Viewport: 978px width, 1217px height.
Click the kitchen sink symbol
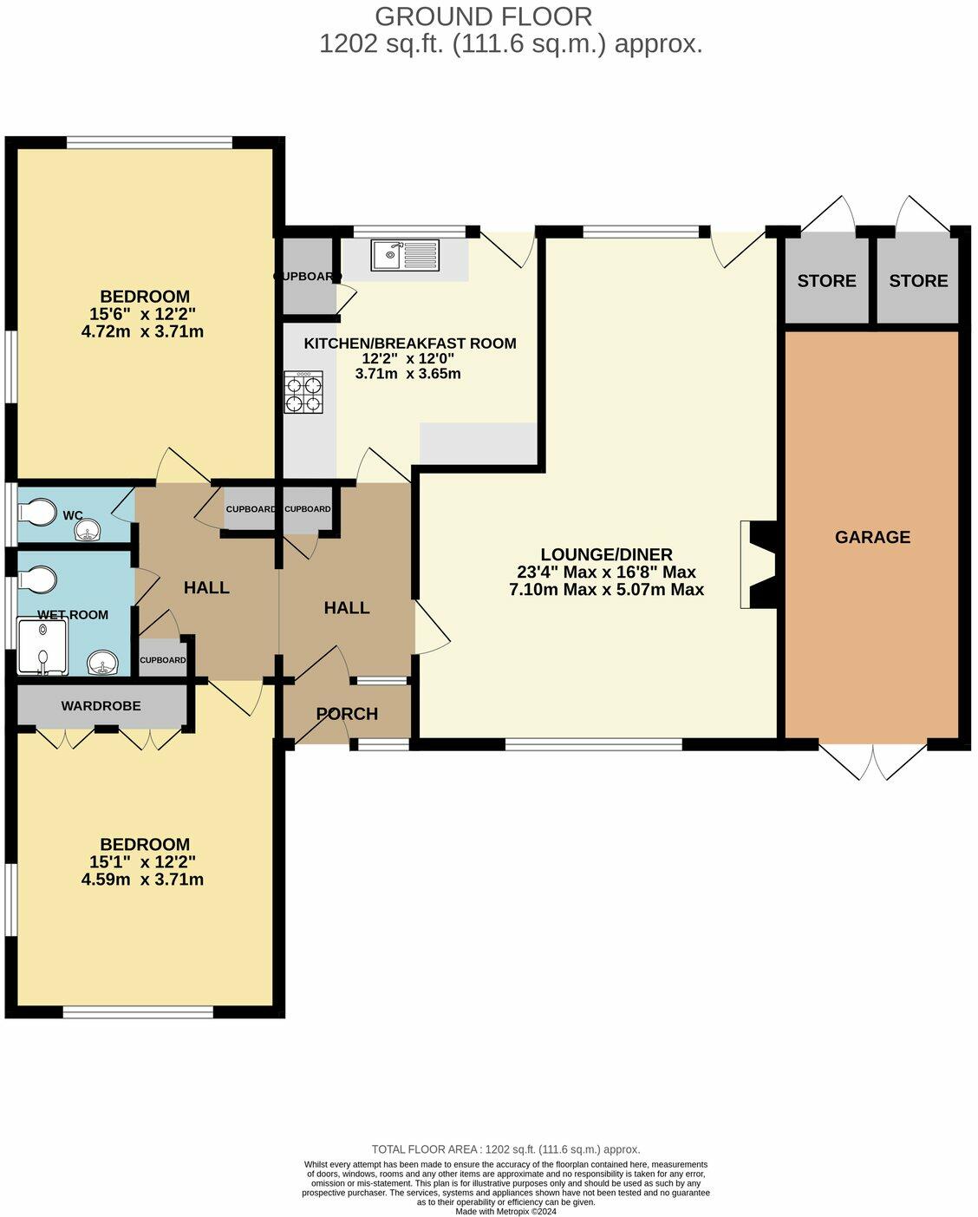(x=405, y=255)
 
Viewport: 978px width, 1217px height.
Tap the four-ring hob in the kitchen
(x=303, y=392)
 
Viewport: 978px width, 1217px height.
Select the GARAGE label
(x=872, y=537)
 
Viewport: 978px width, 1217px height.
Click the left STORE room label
(x=826, y=280)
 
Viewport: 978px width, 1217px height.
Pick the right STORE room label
(x=918, y=280)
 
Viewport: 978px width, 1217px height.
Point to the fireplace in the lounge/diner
(x=758, y=565)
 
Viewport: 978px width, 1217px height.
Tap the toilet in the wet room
(x=38, y=578)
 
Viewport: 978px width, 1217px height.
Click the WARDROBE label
(x=101, y=706)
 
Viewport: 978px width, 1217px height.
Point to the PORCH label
(x=347, y=714)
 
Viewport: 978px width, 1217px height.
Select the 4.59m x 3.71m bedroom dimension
(x=142, y=880)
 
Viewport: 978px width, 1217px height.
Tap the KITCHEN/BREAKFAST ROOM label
(x=409, y=344)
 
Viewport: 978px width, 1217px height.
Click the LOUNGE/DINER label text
(x=606, y=554)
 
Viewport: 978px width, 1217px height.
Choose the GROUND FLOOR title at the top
(x=483, y=16)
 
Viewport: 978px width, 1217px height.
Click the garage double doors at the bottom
(x=873, y=761)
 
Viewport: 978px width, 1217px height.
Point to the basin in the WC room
(x=88, y=532)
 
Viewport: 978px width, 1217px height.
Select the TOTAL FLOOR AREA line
(x=505, y=1149)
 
